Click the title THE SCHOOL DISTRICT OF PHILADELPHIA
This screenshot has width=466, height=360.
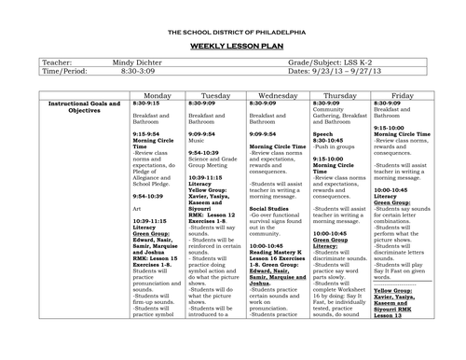233,33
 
